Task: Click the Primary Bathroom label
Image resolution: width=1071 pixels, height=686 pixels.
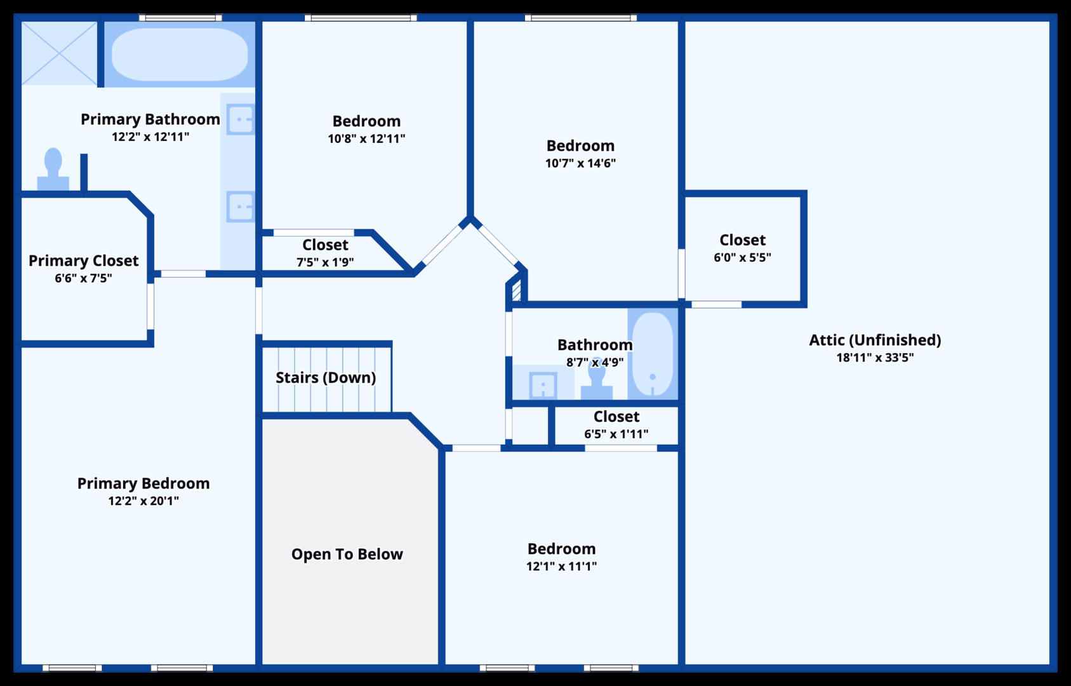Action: tap(150, 119)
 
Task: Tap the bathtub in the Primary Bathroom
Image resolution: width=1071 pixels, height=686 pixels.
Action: tap(180, 54)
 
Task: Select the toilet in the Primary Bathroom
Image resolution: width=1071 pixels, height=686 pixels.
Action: tap(53, 169)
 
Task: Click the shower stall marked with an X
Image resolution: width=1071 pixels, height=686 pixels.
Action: tap(59, 53)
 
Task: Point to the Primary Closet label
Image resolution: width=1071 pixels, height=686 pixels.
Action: tap(84, 260)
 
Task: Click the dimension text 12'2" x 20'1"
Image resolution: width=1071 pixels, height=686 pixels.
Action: tap(143, 501)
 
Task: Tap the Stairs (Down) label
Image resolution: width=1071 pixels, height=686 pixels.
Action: tap(326, 377)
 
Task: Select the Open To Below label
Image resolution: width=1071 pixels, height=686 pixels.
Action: tap(347, 554)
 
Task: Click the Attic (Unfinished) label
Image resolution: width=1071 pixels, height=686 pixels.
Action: tap(875, 340)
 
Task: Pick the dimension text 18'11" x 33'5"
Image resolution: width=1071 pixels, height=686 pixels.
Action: tap(875, 358)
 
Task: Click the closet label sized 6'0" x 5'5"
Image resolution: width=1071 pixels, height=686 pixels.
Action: tap(743, 239)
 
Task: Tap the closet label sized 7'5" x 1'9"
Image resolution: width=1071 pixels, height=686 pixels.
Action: tap(325, 245)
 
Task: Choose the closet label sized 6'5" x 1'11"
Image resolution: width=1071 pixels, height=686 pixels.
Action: tap(616, 417)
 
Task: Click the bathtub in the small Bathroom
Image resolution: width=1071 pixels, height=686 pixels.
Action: tap(653, 354)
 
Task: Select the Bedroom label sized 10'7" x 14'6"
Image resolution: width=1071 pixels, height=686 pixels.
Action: tap(580, 145)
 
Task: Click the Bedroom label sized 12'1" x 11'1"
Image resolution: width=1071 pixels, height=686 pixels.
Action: tap(562, 549)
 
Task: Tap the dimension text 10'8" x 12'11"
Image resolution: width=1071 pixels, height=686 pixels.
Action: tap(367, 138)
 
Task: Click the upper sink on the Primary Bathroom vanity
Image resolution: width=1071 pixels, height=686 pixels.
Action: tap(241, 119)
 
